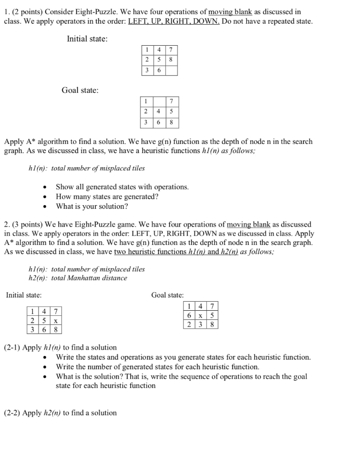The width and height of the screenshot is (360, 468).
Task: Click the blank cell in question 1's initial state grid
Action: (171, 70)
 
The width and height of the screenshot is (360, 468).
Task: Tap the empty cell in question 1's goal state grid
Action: (159, 101)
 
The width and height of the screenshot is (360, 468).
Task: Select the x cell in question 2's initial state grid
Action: (55, 321)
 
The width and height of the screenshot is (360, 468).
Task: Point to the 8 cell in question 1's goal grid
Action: (172, 122)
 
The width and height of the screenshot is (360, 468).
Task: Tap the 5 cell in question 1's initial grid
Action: (159, 60)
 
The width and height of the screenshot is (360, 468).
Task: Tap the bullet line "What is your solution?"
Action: (91, 206)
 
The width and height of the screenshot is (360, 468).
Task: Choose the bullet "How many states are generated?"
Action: (107, 197)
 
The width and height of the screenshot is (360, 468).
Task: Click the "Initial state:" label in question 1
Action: (87, 39)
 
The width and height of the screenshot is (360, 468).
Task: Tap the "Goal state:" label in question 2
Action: (167, 295)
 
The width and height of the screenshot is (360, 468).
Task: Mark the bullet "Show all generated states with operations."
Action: (122, 187)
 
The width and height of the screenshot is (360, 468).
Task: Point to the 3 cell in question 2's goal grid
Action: (200, 325)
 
